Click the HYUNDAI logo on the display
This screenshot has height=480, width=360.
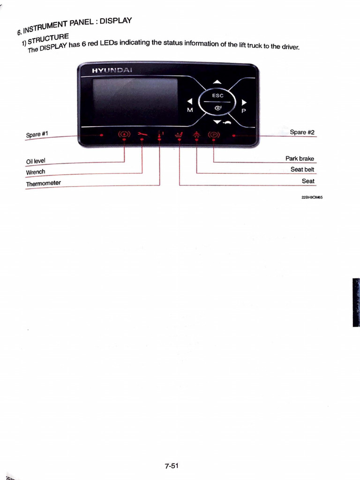105,70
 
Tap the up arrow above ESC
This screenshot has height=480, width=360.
217,82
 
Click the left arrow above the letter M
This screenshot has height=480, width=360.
190,101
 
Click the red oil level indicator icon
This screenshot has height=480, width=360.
124,135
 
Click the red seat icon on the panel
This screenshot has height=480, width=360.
179,135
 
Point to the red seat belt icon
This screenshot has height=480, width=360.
196,135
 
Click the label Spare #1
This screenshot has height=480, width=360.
37,135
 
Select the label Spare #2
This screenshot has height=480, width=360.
302,132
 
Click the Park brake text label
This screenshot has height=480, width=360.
300,158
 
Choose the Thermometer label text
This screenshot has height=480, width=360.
44,183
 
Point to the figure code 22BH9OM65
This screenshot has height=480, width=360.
312,197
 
